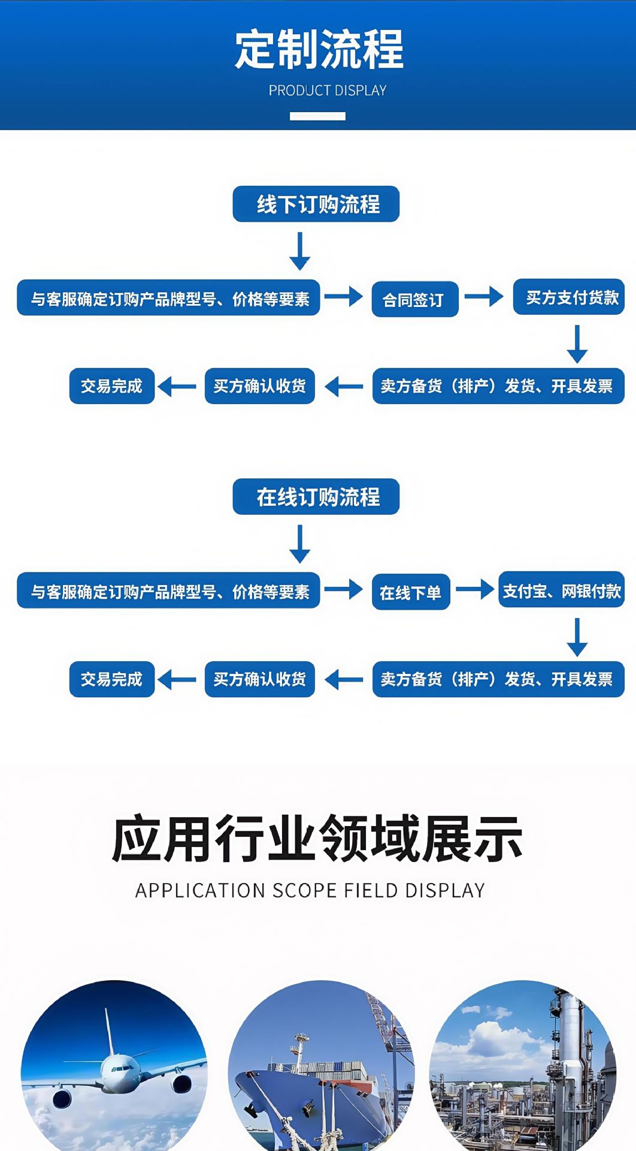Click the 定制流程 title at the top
(319, 49)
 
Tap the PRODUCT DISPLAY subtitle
(327, 91)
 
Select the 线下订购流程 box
(316, 204)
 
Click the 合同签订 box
(414, 299)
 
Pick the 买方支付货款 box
(569, 297)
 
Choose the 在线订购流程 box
(316, 496)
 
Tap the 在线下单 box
(411, 592)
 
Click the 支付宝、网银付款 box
(561, 591)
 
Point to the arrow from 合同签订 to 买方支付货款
(484, 296)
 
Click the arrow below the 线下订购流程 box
(299, 251)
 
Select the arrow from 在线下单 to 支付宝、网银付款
(475, 589)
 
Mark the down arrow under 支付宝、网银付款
(577, 637)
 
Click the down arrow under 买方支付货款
(577, 344)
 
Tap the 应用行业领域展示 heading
(317, 839)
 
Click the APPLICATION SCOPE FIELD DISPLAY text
(310, 891)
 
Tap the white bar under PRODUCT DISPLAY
(317, 116)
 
